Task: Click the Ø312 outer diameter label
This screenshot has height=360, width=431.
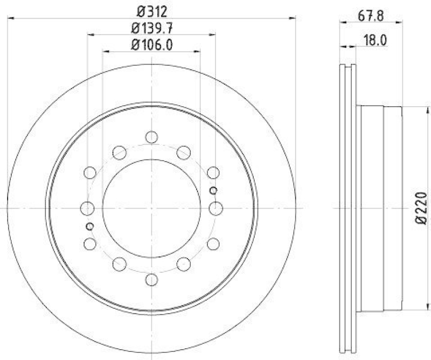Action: coord(151,10)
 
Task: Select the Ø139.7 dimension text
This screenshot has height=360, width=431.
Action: coord(151,27)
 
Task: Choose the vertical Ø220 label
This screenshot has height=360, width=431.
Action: coord(422,207)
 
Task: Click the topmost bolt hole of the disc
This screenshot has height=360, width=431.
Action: coord(151,137)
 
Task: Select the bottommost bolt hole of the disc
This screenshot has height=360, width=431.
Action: coord(151,279)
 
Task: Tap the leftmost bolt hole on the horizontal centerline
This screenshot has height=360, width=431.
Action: coord(87,208)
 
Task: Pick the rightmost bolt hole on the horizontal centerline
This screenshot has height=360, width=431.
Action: coord(216,208)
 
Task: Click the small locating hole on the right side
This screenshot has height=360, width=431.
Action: coord(213,190)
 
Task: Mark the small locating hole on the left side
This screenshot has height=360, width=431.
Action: coord(90,226)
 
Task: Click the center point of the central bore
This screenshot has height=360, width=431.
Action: coord(151,208)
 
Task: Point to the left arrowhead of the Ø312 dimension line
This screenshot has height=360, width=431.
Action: coord(9,18)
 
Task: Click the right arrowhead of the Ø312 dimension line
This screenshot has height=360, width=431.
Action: coord(294,18)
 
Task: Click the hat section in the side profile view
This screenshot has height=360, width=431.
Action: coord(380,207)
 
